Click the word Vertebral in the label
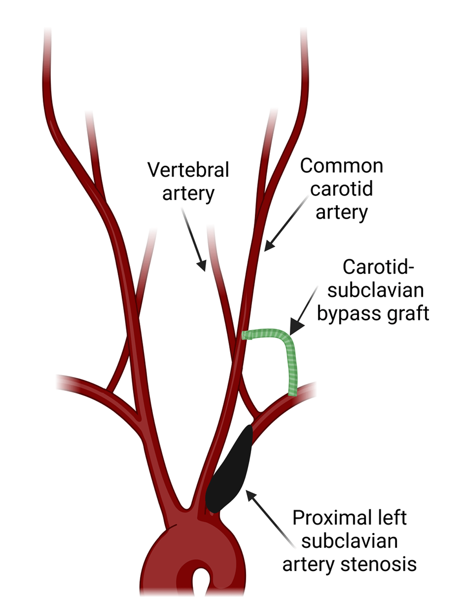[x=188, y=170]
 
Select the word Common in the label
[x=341, y=166]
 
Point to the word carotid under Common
[x=341, y=189]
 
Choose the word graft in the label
[x=408, y=313]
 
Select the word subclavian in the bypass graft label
[x=376, y=290]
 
